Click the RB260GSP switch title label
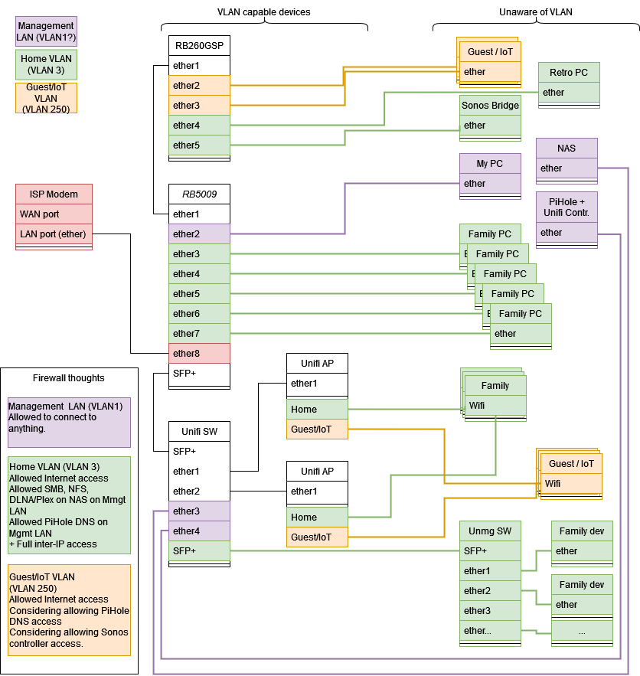click(x=199, y=46)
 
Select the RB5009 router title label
click(x=199, y=194)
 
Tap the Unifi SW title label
click(x=199, y=432)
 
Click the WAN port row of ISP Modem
click(x=54, y=214)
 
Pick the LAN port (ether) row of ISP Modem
click(x=54, y=234)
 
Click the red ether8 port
click(x=199, y=354)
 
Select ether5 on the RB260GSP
click(x=199, y=145)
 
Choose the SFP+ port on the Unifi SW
click(x=199, y=551)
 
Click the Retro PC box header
click(x=569, y=73)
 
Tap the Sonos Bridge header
click(x=490, y=106)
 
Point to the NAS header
click(x=567, y=149)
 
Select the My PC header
click(x=490, y=164)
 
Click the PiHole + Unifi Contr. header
click(x=567, y=207)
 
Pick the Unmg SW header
click(x=490, y=531)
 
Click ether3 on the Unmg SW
click(x=490, y=611)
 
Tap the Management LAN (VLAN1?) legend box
click(x=46, y=32)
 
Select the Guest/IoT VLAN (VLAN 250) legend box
click(x=46, y=98)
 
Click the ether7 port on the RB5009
click(x=199, y=334)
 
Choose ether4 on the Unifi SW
click(x=199, y=531)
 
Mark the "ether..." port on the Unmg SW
click(x=490, y=631)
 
